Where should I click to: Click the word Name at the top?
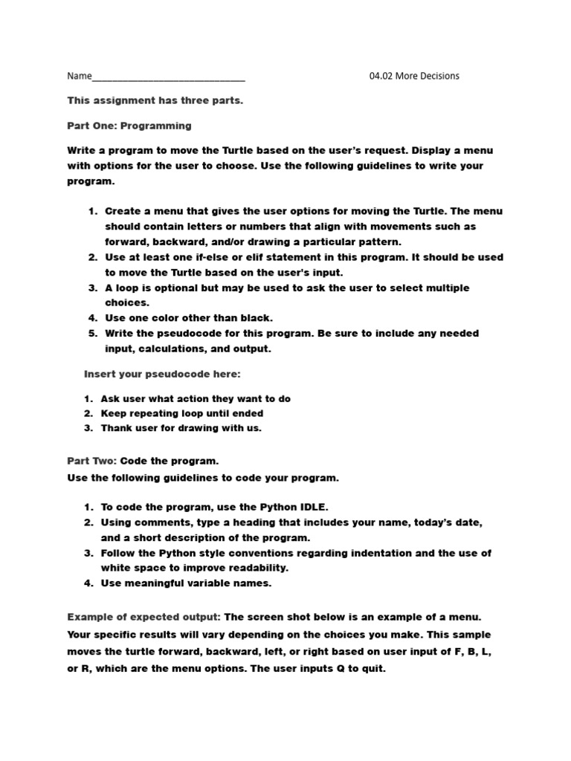click(80, 76)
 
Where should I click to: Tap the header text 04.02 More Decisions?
click(414, 76)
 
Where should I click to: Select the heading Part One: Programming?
click(129, 126)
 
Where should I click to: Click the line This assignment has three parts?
click(155, 100)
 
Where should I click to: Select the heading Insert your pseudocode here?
click(162, 374)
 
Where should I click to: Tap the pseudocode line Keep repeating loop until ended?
click(181, 413)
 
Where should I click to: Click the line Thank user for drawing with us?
click(181, 428)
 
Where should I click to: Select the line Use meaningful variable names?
click(186, 583)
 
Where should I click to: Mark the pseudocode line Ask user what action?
click(195, 398)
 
